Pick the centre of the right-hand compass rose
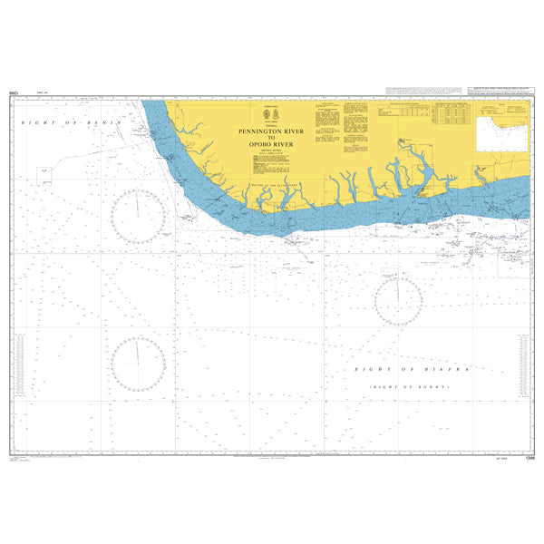[x=397, y=300]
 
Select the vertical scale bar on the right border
[x=525, y=372]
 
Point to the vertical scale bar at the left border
[x=15, y=372]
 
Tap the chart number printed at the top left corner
[x=14, y=92]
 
